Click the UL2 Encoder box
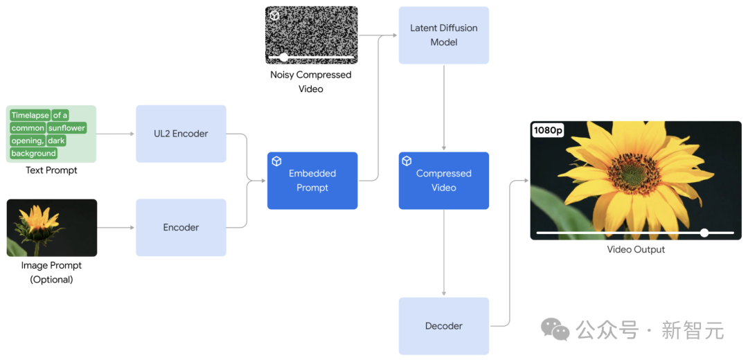point(181,134)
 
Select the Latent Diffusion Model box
point(443,35)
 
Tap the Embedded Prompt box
point(312,181)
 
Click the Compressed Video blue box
point(443,181)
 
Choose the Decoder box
point(443,326)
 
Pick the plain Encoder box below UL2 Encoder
point(181,227)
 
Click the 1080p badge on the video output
point(548,130)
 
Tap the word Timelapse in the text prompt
point(30,116)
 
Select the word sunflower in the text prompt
point(66,128)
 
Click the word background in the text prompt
point(33,153)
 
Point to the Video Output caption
point(636,249)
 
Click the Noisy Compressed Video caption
point(311,82)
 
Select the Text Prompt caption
point(51,170)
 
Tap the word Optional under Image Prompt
point(51,280)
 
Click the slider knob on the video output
point(704,233)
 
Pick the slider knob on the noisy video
point(284,57)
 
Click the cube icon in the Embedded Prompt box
point(276,161)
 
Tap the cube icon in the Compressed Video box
point(407,161)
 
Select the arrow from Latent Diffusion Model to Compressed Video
point(443,107)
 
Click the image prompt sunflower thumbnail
point(51,228)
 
